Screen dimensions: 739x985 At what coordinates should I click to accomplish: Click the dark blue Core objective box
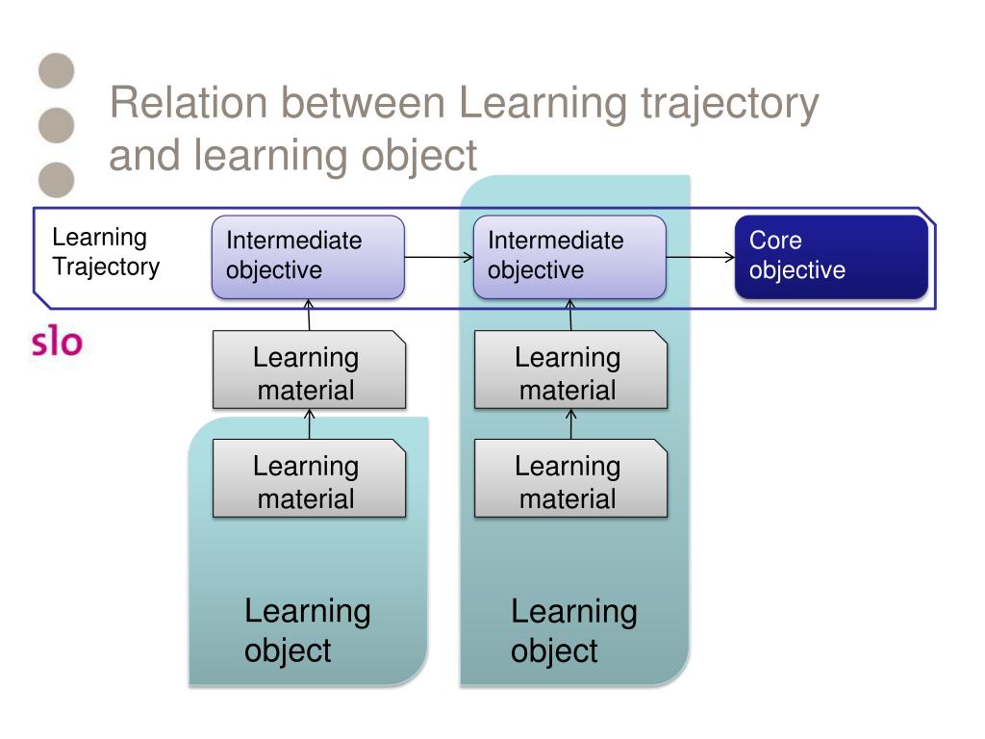point(831,257)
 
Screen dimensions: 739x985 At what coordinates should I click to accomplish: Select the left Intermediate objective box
point(308,257)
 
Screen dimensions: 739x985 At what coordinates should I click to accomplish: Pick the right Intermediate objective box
point(569,257)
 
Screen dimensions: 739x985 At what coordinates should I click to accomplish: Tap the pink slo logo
point(57,342)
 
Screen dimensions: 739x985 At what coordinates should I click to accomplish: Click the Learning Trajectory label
point(105,252)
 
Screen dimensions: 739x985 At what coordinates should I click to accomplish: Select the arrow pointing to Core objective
point(700,257)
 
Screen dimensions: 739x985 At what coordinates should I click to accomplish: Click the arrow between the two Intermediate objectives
point(439,257)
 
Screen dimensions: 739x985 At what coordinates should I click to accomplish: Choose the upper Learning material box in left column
point(308,373)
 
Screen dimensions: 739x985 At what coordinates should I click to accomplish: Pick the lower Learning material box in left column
point(308,482)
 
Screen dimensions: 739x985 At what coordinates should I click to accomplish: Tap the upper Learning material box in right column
point(569,373)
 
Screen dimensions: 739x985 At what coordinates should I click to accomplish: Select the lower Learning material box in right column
point(569,482)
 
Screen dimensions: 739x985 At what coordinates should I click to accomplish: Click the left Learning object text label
point(307,630)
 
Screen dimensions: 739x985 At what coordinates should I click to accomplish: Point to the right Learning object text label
point(573,630)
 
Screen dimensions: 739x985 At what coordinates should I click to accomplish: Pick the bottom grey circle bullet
point(57,178)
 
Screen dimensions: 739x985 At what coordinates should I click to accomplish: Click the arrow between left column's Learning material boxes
point(309,423)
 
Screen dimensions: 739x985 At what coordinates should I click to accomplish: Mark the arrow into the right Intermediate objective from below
point(570,315)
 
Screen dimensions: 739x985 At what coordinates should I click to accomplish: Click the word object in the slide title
point(419,155)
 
